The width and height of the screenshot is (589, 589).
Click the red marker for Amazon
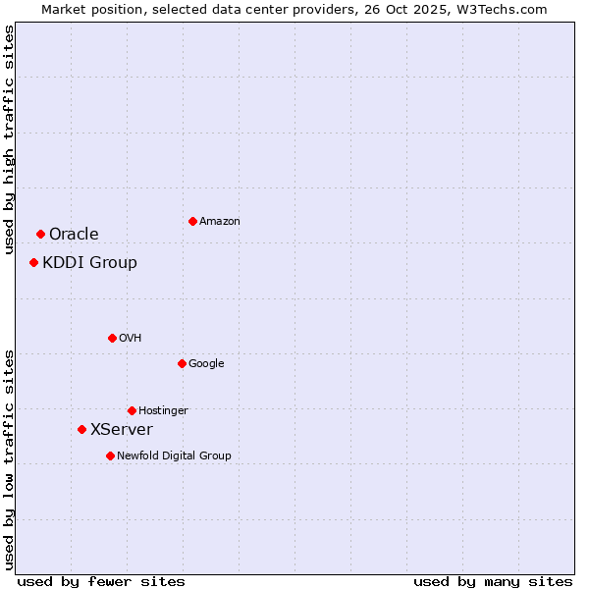tap(192, 221)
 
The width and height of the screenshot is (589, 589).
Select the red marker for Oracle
tap(40, 234)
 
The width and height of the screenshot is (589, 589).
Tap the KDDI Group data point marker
tap(33, 262)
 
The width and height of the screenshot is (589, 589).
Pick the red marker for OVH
tap(112, 338)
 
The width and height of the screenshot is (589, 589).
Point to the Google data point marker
tap(182, 363)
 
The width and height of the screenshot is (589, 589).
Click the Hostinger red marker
tap(132, 410)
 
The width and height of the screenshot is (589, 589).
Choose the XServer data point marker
tap(81, 429)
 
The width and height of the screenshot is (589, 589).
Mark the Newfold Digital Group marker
tap(110, 455)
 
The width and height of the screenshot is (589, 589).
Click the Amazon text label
tap(220, 222)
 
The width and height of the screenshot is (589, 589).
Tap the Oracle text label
tap(74, 234)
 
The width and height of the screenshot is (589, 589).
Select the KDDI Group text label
tap(89, 262)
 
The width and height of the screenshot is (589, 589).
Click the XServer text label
tap(121, 429)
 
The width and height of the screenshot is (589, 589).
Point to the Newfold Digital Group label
tap(174, 455)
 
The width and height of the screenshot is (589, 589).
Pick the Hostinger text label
tap(163, 410)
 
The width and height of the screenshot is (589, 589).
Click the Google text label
tap(206, 363)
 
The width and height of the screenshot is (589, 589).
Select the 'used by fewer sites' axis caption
tap(101, 581)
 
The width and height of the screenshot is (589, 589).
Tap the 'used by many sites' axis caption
tap(493, 581)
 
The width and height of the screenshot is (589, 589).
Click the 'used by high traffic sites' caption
tap(9, 139)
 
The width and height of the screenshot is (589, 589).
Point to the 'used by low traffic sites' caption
tap(9, 458)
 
